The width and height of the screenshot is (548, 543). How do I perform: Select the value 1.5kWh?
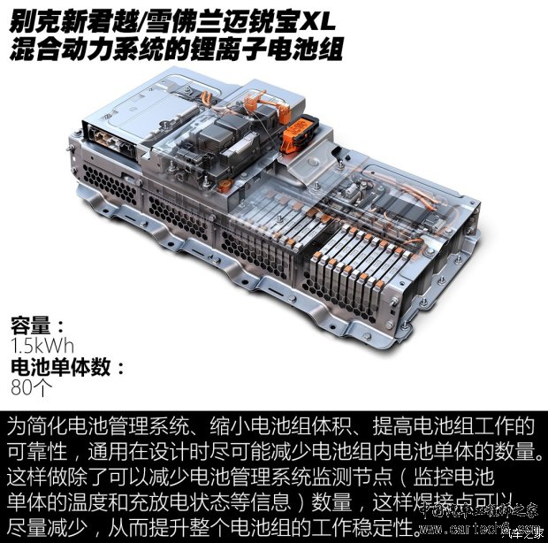pos(40,345)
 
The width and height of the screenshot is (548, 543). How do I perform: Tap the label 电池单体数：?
pos(67,366)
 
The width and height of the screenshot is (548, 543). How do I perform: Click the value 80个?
pos(32,387)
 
